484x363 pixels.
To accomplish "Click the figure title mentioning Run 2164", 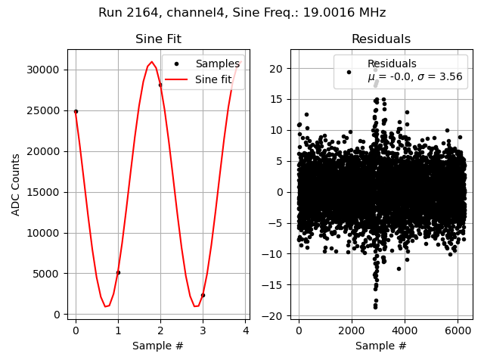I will (x=242, y=13).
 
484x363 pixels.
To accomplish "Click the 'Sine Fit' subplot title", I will (x=158, y=39).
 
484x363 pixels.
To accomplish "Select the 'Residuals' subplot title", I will (x=381, y=39).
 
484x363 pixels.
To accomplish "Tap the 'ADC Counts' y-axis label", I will (x=16, y=185).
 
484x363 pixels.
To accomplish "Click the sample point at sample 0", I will (x=76, y=111).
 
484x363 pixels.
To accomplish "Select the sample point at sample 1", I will (x=118, y=272).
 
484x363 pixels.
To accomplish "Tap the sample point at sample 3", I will (x=203, y=295).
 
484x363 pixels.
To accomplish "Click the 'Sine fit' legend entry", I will (x=213, y=79).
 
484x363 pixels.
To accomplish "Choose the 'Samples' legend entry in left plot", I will (x=217, y=64).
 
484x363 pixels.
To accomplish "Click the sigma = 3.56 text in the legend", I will (x=441, y=76).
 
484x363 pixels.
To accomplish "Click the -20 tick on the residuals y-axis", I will (x=277, y=316).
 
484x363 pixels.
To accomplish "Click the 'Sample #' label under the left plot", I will (x=158, y=346).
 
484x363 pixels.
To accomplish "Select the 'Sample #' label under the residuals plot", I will (x=381, y=346).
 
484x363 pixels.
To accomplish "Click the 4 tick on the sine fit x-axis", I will (x=245, y=330).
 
